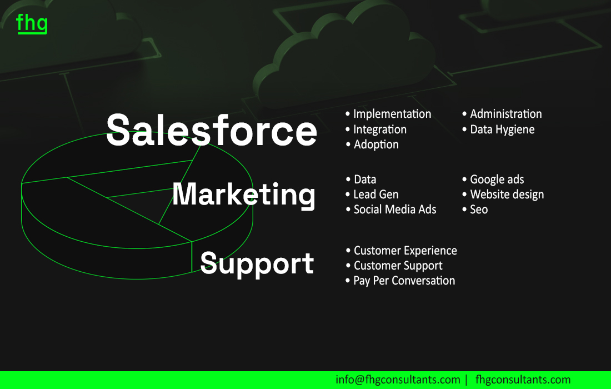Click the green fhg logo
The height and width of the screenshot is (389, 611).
[32, 23]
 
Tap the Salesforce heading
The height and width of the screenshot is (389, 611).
[212, 130]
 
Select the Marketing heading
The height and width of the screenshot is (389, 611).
[244, 194]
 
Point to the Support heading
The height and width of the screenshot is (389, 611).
[257, 264]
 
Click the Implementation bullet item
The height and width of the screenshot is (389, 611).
[388, 114]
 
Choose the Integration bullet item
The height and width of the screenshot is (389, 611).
[376, 129]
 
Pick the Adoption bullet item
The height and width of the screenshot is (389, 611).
[372, 144]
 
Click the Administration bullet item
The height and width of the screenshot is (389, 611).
[502, 114]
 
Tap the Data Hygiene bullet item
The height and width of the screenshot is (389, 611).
[498, 129]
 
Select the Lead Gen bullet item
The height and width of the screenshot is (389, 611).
[372, 194]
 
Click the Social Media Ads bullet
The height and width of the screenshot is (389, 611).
[391, 210]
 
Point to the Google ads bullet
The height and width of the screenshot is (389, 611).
[493, 179]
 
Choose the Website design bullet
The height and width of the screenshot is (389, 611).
[503, 194]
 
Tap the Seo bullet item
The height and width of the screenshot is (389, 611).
[475, 210]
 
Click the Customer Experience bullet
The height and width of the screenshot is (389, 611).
[402, 251]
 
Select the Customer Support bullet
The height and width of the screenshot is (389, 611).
[394, 266]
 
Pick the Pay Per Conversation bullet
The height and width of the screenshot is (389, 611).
[400, 281]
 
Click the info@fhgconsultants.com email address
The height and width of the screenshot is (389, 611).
[398, 380]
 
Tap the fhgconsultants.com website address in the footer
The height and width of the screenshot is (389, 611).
[523, 380]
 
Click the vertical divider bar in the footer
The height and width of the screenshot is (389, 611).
[467, 380]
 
